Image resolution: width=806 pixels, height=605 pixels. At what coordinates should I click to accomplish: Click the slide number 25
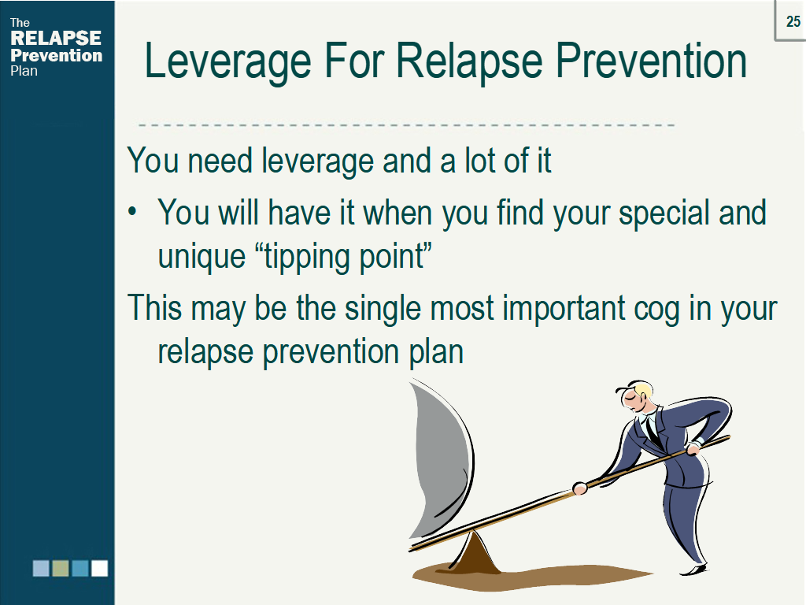pos(793,21)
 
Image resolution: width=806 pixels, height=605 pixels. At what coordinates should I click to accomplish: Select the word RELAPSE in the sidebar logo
pos(56,38)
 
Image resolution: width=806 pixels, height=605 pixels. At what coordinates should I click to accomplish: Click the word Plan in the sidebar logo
pos(24,71)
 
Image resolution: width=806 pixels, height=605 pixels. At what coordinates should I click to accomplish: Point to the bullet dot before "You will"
pos(132,211)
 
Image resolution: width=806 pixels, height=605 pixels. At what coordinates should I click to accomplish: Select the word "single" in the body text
pos(383,309)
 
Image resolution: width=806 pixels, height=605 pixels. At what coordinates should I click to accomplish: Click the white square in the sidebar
pos(100,569)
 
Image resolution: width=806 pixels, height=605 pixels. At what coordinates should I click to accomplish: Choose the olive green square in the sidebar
pos(61,569)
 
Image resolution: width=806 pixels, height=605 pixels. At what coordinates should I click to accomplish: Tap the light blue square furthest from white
pos(41,569)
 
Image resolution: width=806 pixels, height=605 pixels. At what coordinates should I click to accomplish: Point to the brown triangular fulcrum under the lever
pos(475,554)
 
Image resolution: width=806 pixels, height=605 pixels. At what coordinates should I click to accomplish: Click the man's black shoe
pos(694,570)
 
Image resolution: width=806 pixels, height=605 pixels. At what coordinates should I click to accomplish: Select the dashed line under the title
pos(407,124)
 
